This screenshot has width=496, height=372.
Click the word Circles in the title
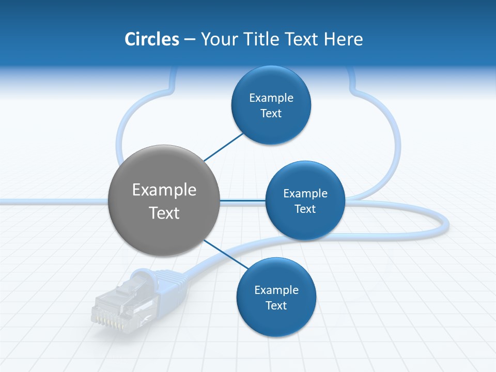click(x=152, y=39)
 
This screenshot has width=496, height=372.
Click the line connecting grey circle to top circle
click(x=223, y=147)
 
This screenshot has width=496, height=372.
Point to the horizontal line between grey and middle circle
click(x=242, y=200)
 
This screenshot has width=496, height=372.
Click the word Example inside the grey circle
click(x=164, y=190)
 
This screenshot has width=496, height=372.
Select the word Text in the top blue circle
click(x=271, y=114)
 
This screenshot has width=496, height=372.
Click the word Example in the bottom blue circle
click(x=276, y=290)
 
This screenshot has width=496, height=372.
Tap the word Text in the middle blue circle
click(x=305, y=209)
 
